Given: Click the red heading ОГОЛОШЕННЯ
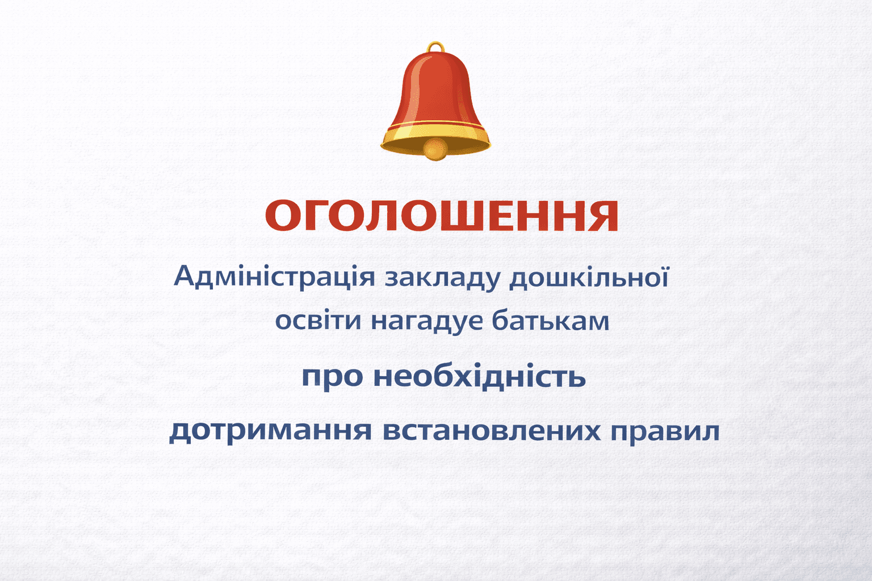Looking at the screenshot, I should coord(441,216).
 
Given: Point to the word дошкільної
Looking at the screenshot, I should coord(588,277).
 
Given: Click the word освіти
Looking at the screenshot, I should coord(318,320).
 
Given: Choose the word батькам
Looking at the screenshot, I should coord(550,320).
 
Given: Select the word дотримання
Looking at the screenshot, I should coord(271,431).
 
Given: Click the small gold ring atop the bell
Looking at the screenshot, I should coord(435,47).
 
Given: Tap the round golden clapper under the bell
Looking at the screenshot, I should coord(435,149).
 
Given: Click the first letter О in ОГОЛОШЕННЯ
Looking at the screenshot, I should coord(283,216).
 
